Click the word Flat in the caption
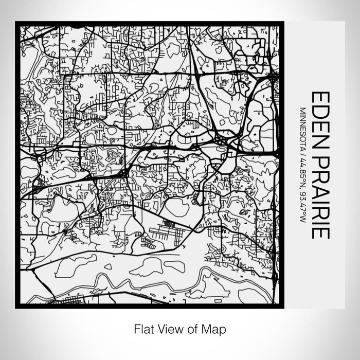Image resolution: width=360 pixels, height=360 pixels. click(x=143, y=329)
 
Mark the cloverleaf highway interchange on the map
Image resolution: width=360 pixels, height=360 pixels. click(x=222, y=140)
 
